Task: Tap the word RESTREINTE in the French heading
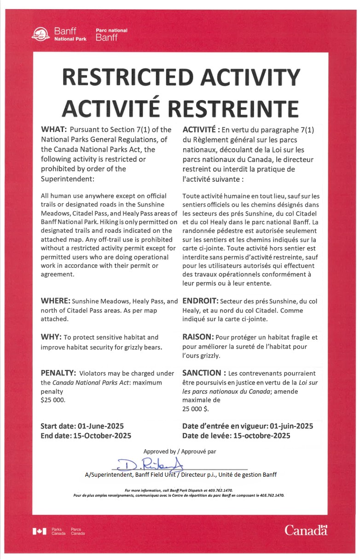(232, 107)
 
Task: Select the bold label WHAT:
(54, 130)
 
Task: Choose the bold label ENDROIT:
(200, 301)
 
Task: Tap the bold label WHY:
(51, 337)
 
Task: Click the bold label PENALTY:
(58, 373)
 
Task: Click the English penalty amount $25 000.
(53, 400)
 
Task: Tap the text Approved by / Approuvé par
(180, 451)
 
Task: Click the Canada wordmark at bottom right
(306, 531)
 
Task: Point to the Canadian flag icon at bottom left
(40, 531)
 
